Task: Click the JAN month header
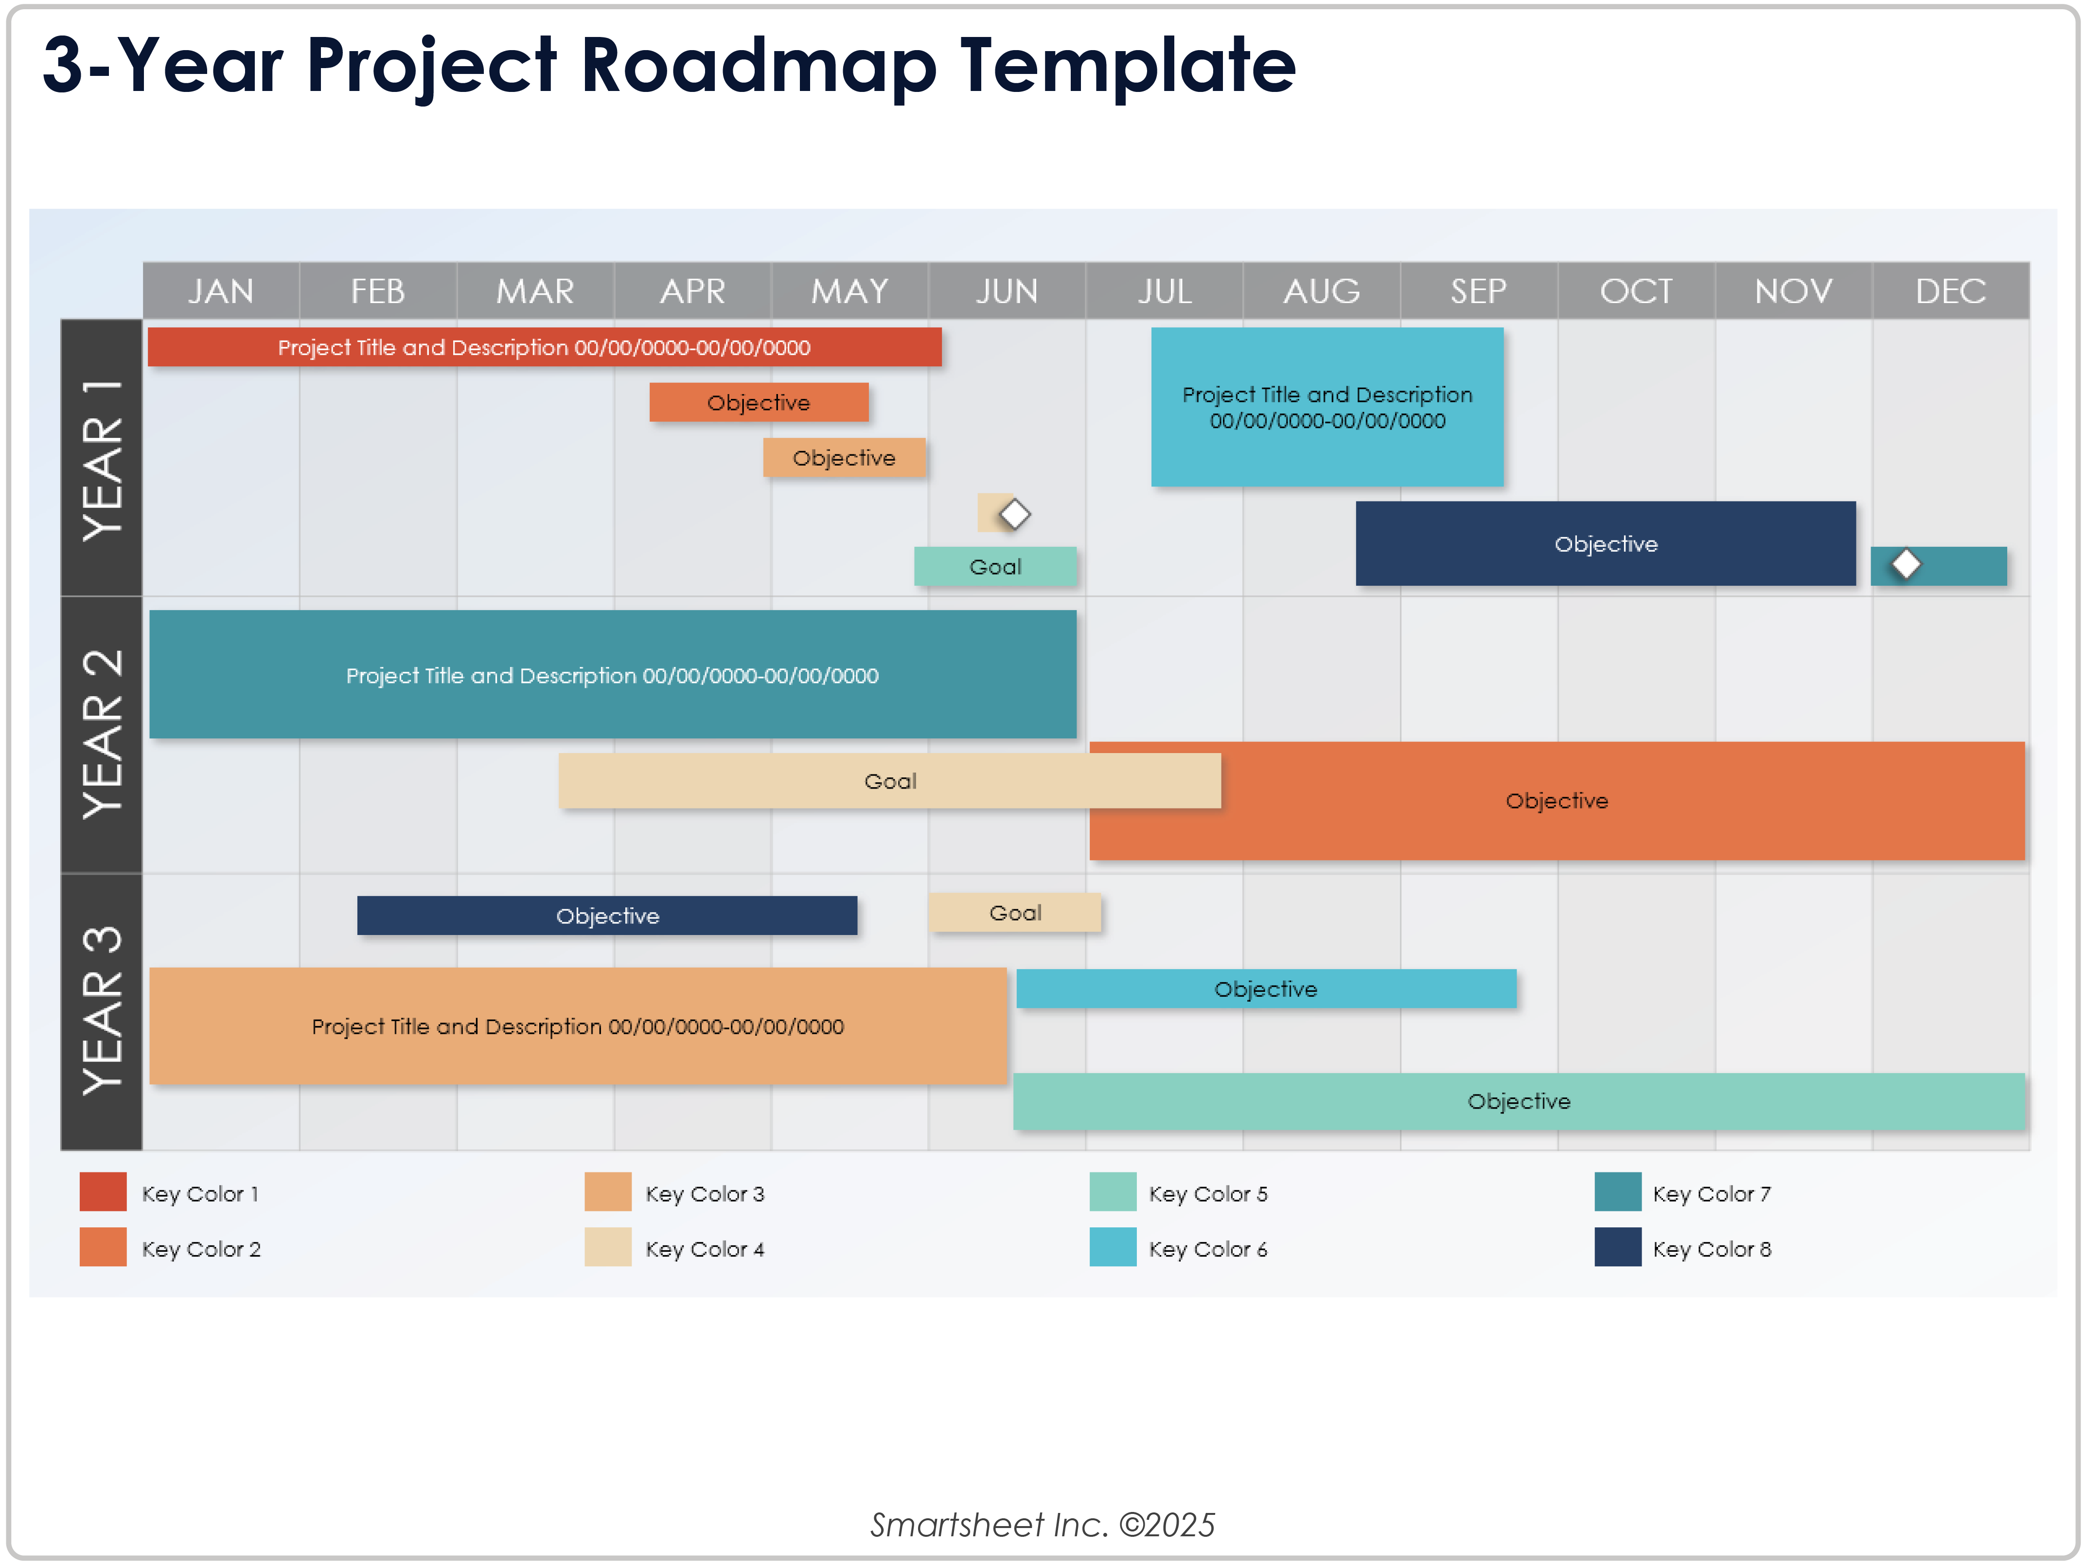[221, 291]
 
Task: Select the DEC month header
[1950, 291]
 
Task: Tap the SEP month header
[1478, 291]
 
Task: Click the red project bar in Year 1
[545, 347]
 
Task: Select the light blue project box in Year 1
[1326, 407]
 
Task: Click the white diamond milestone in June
[1014, 514]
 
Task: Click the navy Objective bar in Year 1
[1605, 544]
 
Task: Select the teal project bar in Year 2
[612, 675]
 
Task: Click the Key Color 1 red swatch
[103, 1192]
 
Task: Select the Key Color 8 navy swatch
[1617, 1248]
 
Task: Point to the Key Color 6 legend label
[1208, 1249]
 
